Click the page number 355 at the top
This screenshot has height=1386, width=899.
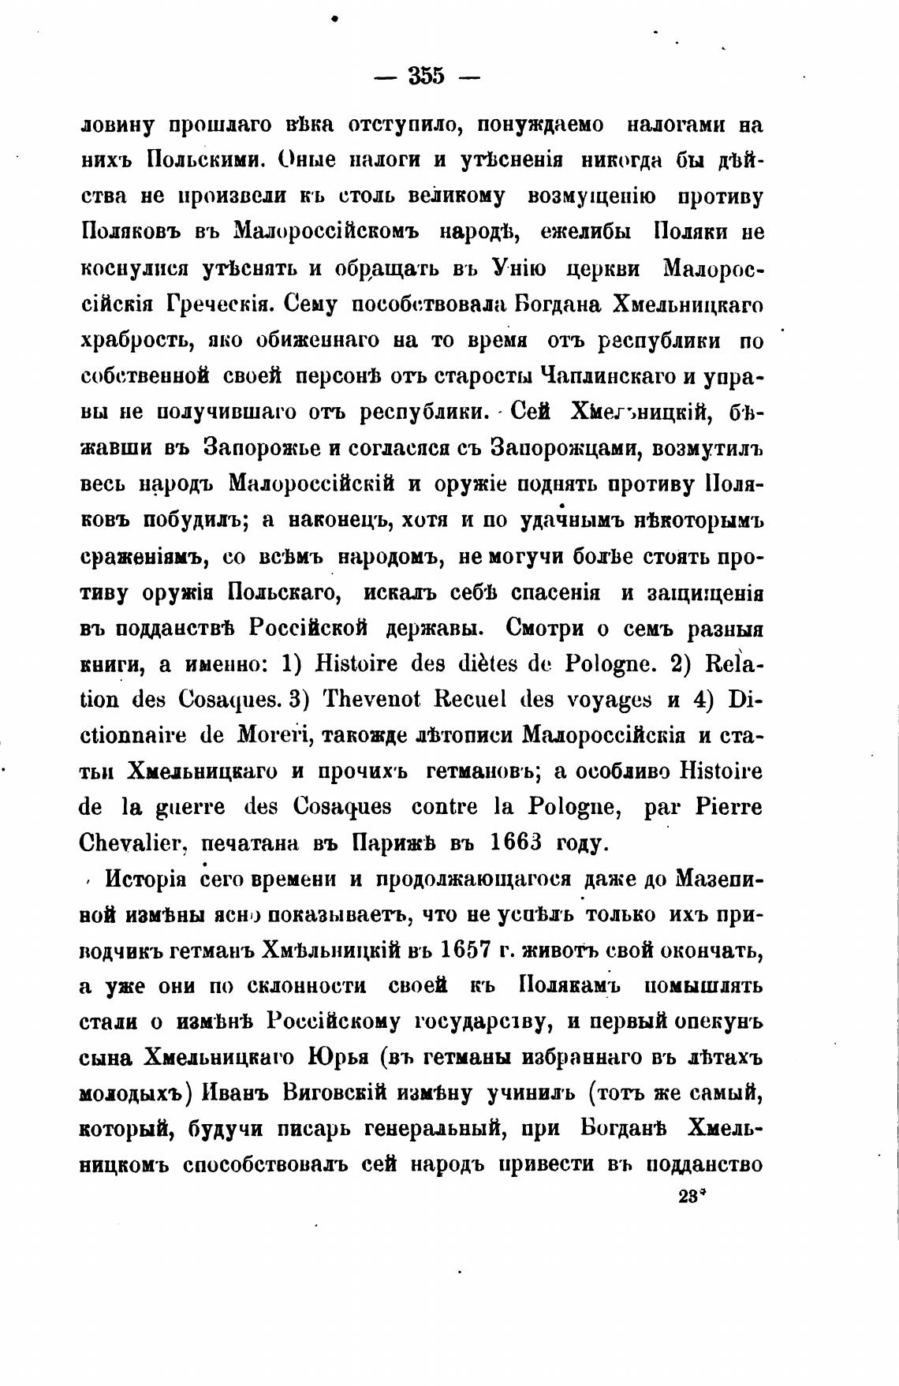click(x=427, y=77)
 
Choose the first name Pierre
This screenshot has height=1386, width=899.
click(x=729, y=807)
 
